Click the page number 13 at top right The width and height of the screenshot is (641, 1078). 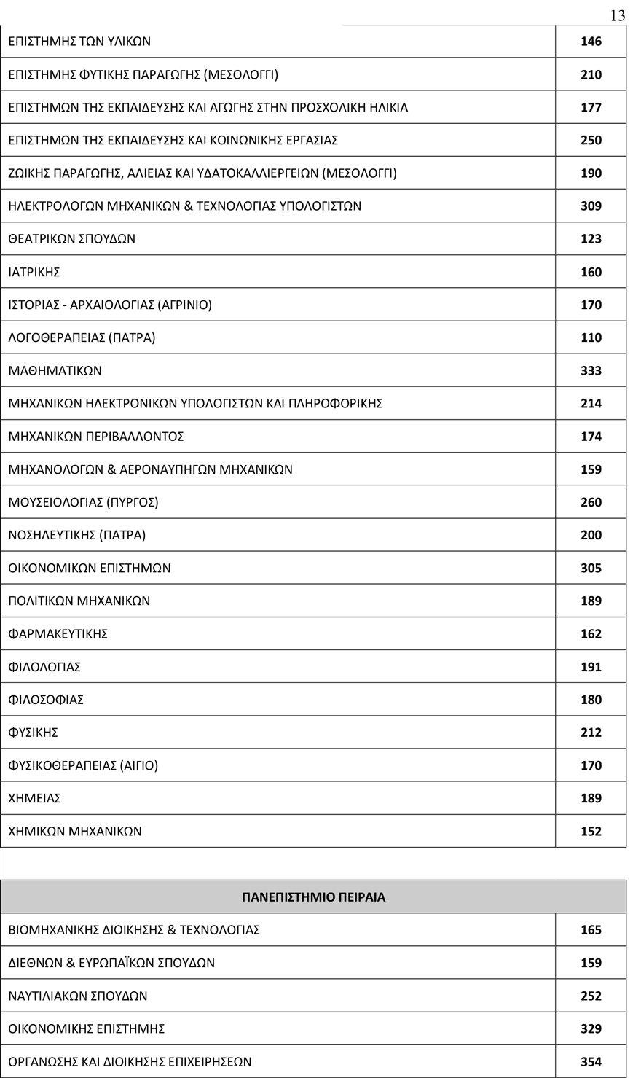617,15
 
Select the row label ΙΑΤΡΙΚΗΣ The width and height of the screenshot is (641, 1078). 34,272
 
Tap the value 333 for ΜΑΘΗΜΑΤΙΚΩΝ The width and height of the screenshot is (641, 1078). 591,370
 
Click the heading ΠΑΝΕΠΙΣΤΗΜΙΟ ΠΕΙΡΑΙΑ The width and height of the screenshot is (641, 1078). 313,897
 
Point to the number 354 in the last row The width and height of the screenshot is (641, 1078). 591,1061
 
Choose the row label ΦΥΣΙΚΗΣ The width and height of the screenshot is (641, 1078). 33,733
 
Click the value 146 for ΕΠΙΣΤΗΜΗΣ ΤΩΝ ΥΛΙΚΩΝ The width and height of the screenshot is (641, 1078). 591,42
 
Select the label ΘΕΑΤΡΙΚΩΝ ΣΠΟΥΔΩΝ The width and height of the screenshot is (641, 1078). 71,239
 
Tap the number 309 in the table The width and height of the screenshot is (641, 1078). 591,206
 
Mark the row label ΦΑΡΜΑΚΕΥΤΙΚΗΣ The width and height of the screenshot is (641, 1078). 58,634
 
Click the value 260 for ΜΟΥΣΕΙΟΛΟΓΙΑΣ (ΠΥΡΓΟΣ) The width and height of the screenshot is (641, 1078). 591,502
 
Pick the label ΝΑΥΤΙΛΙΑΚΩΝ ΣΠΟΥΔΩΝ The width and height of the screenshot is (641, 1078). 78,996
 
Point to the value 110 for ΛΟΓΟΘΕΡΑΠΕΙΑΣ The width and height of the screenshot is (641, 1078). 591,337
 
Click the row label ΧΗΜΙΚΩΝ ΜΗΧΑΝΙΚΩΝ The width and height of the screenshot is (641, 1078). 75,831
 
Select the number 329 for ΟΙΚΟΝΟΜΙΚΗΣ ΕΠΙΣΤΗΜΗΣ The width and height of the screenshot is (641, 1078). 591,1028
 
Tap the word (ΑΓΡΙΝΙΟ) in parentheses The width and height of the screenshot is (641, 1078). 184,305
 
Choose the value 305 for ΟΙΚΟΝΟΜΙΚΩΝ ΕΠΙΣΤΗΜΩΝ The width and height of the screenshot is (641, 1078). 591,568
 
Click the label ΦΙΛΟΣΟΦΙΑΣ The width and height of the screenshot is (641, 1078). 46,700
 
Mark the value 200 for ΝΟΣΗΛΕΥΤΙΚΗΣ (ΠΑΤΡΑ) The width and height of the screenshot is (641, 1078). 591,535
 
